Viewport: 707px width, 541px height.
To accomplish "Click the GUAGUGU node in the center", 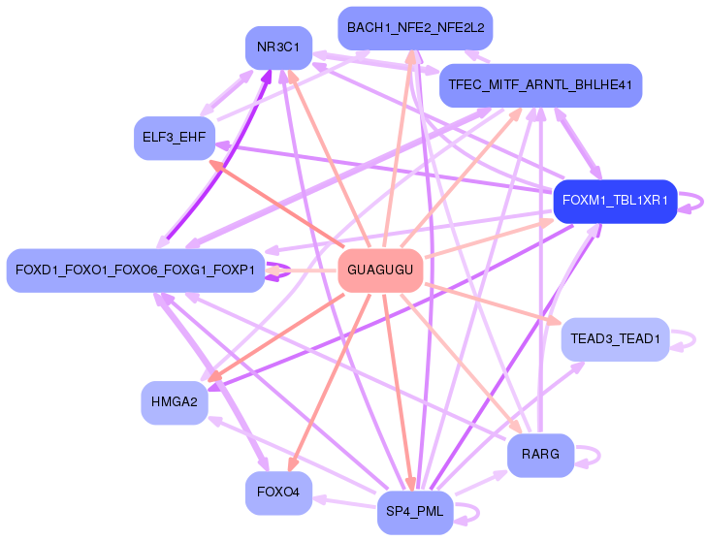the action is point(380,270).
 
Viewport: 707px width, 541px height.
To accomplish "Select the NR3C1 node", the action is point(278,48).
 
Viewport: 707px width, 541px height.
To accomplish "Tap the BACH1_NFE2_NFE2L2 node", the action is point(415,28).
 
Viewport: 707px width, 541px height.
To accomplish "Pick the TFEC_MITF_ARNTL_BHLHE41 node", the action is point(540,85).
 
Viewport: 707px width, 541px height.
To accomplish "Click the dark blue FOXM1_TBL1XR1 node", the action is point(615,201).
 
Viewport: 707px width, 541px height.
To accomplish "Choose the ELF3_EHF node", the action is point(175,138).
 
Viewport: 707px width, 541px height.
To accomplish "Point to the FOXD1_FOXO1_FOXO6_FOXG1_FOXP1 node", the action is point(135,270).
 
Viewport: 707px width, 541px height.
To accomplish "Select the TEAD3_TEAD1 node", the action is point(615,339).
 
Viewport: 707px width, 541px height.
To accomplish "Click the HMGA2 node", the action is point(175,402).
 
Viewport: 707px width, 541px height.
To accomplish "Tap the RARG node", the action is point(540,455).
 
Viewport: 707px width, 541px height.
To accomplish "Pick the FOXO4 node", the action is point(278,493).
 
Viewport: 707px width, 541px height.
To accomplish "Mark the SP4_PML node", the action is point(415,513).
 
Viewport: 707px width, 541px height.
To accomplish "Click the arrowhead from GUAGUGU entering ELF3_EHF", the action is point(217,165).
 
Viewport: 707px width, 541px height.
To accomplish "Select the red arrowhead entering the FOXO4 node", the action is point(293,464).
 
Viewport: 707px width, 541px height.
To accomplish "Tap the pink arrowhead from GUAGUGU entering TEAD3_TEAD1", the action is point(554,321).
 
